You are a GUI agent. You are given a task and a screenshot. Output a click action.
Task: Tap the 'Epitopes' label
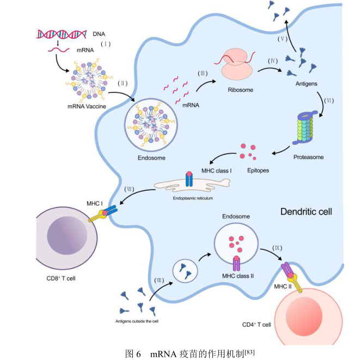258,170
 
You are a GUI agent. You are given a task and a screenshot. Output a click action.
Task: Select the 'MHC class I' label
217,170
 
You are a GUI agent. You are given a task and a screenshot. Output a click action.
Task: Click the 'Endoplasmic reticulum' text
193,199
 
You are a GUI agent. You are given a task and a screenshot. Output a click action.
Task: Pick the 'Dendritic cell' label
306,211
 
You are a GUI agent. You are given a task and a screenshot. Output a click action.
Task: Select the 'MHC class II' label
238,276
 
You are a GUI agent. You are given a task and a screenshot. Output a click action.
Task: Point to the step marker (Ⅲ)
201,72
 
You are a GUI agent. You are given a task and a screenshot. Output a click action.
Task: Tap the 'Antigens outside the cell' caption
137,321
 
